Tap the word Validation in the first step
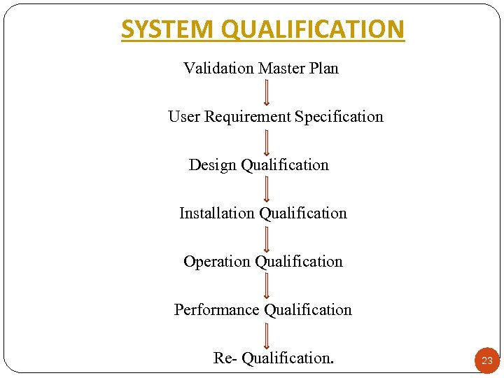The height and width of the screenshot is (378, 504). click(x=219, y=69)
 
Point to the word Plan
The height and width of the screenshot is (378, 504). click(x=323, y=69)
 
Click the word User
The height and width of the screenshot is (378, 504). click(x=184, y=117)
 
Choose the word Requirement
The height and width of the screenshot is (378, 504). click(x=247, y=117)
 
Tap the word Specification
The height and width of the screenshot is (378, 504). click(x=339, y=117)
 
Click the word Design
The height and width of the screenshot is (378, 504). click(x=213, y=165)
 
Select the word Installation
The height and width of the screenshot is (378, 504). click(x=217, y=213)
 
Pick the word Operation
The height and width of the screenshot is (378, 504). click(x=217, y=262)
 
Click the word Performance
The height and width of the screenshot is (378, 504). click(x=217, y=310)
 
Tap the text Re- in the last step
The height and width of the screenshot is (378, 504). click(x=225, y=358)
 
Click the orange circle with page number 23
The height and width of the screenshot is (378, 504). click(x=487, y=360)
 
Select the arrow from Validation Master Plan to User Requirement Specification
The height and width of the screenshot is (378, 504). click(x=267, y=92)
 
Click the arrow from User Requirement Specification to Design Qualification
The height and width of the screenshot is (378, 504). click(x=267, y=141)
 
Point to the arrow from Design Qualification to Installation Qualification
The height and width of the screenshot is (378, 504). click(x=267, y=189)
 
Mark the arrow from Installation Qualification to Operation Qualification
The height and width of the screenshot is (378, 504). click(x=267, y=238)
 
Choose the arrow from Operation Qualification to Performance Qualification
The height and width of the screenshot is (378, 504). click(x=267, y=286)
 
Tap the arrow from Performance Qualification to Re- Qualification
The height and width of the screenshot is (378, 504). click(x=267, y=335)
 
